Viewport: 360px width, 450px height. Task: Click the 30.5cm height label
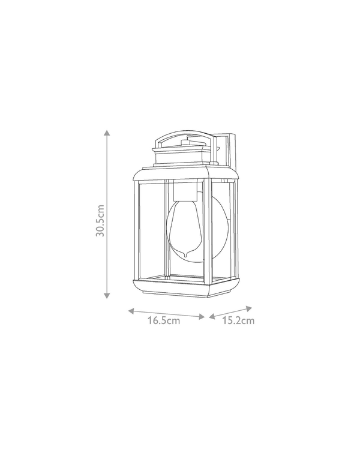[100, 220]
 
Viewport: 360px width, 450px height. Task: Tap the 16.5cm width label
[164, 320]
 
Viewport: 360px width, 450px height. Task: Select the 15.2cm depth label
[238, 320]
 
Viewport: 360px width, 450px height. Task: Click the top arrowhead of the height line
[107, 133]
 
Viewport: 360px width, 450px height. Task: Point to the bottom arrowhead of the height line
[107, 295]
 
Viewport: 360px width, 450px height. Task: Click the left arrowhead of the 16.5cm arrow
[131, 311]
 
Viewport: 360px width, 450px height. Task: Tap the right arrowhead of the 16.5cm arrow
[202, 317]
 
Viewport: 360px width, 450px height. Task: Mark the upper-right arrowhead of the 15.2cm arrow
[249, 309]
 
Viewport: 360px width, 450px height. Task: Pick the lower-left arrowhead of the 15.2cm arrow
[212, 316]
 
